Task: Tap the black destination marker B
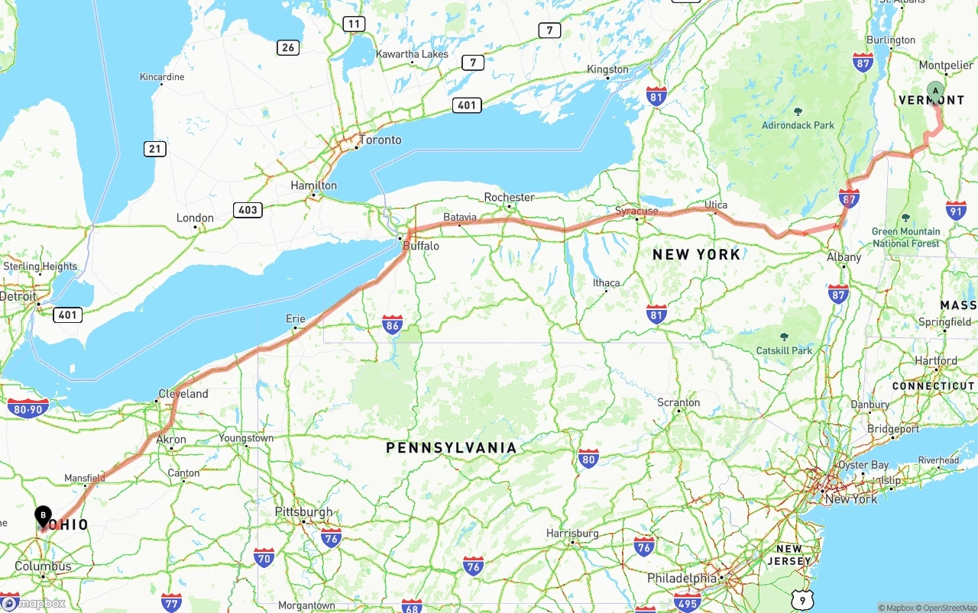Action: click(x=44, y=516)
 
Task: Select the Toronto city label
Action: click(x=380, y=140)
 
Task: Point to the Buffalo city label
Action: click(x=421, y=246)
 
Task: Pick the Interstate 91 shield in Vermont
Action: click(x=956, y=211)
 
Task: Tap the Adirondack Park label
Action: click(x=798, y=125)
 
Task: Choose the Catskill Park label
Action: click(x=785, y=350)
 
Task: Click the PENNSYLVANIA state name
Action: click(x=451, y=448)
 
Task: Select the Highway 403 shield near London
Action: click(x=248, y=210)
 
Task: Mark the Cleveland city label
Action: click(x=183, y=394)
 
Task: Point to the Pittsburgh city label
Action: click(x=304, y=512)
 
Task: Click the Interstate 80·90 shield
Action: click(x=28, y=408)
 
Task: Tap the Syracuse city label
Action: click(x=636, y=211)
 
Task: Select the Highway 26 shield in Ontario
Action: click(x=287, y=47)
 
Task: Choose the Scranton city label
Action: click(x=678, y=402)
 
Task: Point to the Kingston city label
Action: click(x=607, y=69)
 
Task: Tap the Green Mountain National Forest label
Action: click(x=906, y=237)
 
